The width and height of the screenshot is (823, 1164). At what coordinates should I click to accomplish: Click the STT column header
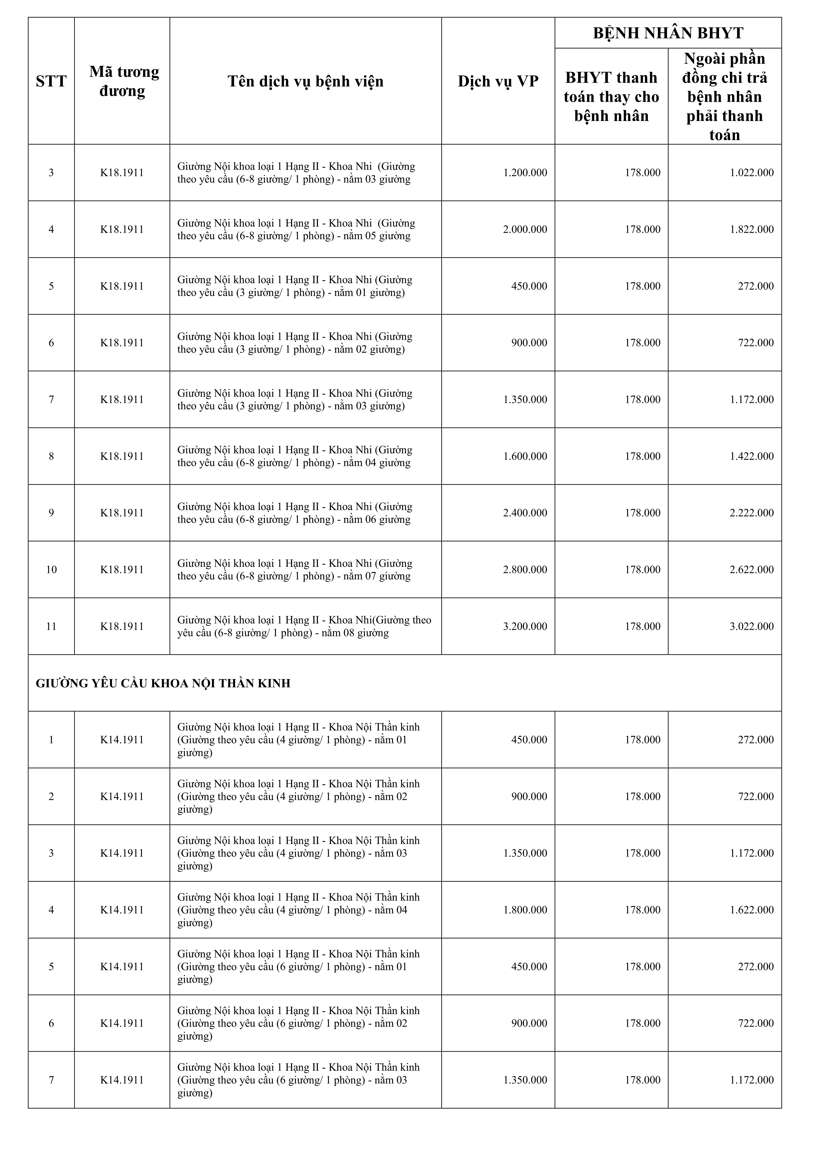51,81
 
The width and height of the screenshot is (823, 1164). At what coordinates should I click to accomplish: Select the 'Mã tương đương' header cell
122,81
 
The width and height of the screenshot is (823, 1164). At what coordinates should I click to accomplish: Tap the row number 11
51,627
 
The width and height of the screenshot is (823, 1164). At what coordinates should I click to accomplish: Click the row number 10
51,570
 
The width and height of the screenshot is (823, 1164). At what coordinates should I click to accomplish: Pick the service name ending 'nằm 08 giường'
304,627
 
